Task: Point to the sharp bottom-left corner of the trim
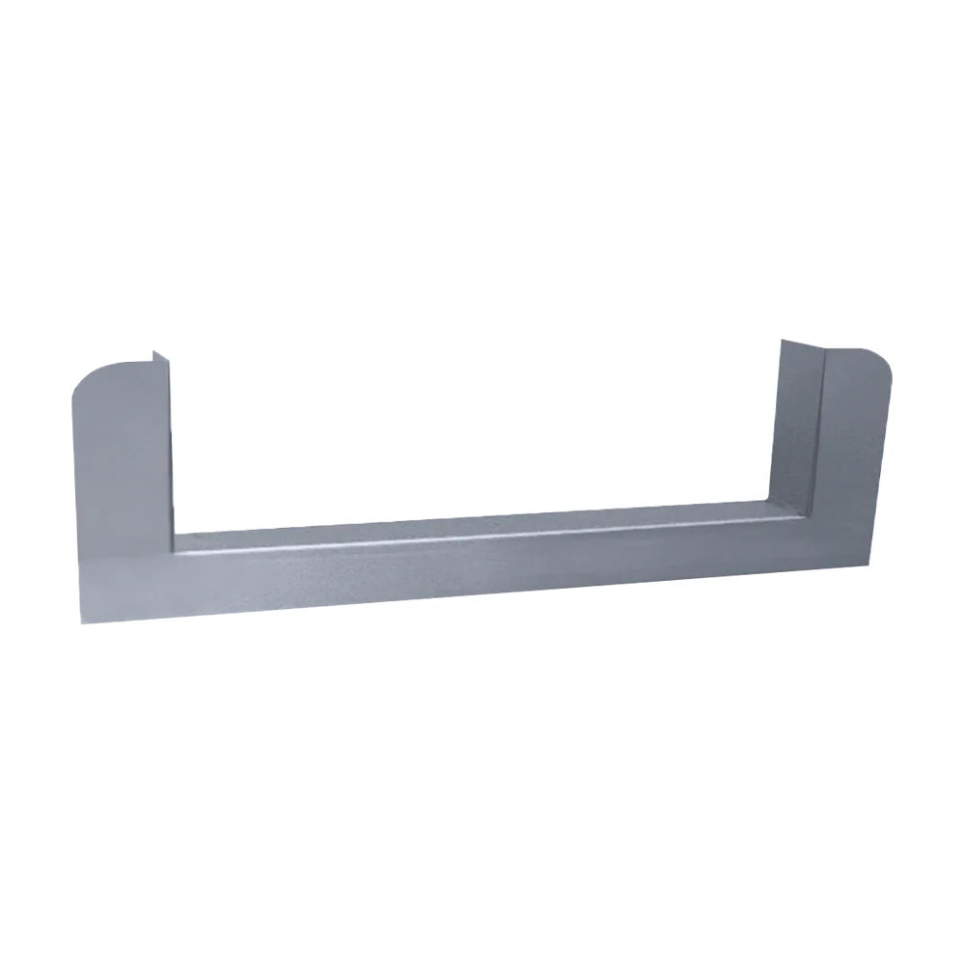(73, 626)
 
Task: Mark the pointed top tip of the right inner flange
(781, 340)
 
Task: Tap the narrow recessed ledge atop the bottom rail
(482, 522)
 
